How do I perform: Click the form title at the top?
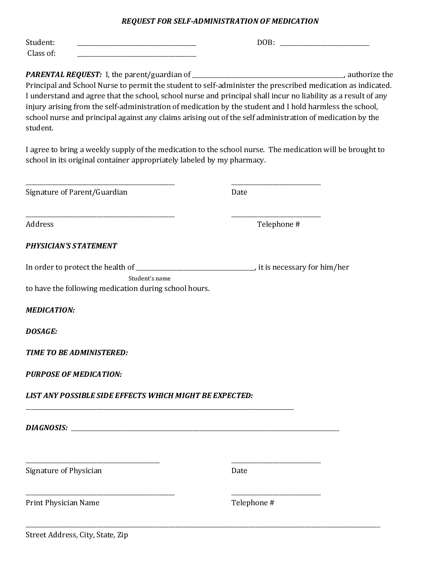pyautogui.click(x=220, y=21)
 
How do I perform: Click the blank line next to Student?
pyautogui.click(x=137, y=43)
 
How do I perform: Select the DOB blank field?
pyautogui.click(x=324, y=43)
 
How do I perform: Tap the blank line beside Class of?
pyautogui.click(x=137, y=54)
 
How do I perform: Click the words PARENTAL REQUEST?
pyautogui.click(x=63, y=74)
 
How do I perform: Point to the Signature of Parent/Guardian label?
pyautogui.click(x=76, y=192)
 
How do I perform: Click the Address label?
pyautogui.click(x=39, y=224)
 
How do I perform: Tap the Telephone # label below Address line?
pyautogui.click(x=278, y=224)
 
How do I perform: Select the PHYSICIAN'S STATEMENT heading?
pyautogui.click(x=71, y=246)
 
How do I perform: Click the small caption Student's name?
pyautogui.click(x=149, y=278)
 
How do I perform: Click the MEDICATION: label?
pyautogui.click(x=50, y=310)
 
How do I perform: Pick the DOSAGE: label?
pyautogui.click(x=41, y=331)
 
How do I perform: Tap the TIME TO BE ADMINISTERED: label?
pyautogui.click(x=77, y=352)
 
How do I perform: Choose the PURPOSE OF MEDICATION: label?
pyautogui.click(x=74, y=374)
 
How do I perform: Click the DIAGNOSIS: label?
pyautogui.click(x=47, y=427)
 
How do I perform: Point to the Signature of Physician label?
pyautogui.click(x=63, y=470)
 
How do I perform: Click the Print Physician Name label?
pyautogui.click(x=62, y=502)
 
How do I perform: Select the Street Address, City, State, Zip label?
pyautogui.click(x=77, y=535)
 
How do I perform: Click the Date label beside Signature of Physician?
pyautogui.click(x=239, y=470)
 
